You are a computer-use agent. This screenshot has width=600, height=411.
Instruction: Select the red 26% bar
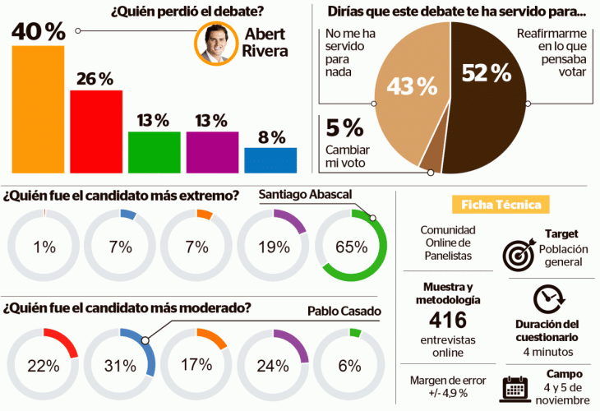click(x=96, y=131)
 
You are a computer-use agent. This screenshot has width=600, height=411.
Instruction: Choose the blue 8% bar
click(x=270, y=160)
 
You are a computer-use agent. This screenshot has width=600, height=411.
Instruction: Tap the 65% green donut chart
click(x=351, y=246)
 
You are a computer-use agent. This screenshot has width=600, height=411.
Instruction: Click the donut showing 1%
click(x=43, y=246)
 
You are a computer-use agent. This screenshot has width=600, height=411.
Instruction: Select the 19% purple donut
click(x=274, y=246)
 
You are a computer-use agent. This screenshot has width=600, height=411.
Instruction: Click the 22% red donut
click(x=43, y=365)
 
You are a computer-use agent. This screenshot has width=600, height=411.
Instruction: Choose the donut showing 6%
click(x=351, y=365)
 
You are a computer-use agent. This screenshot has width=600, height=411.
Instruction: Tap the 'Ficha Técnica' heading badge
click(x=501, y=204)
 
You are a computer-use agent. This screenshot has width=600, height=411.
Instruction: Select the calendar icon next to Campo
click(x=515, y=386)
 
